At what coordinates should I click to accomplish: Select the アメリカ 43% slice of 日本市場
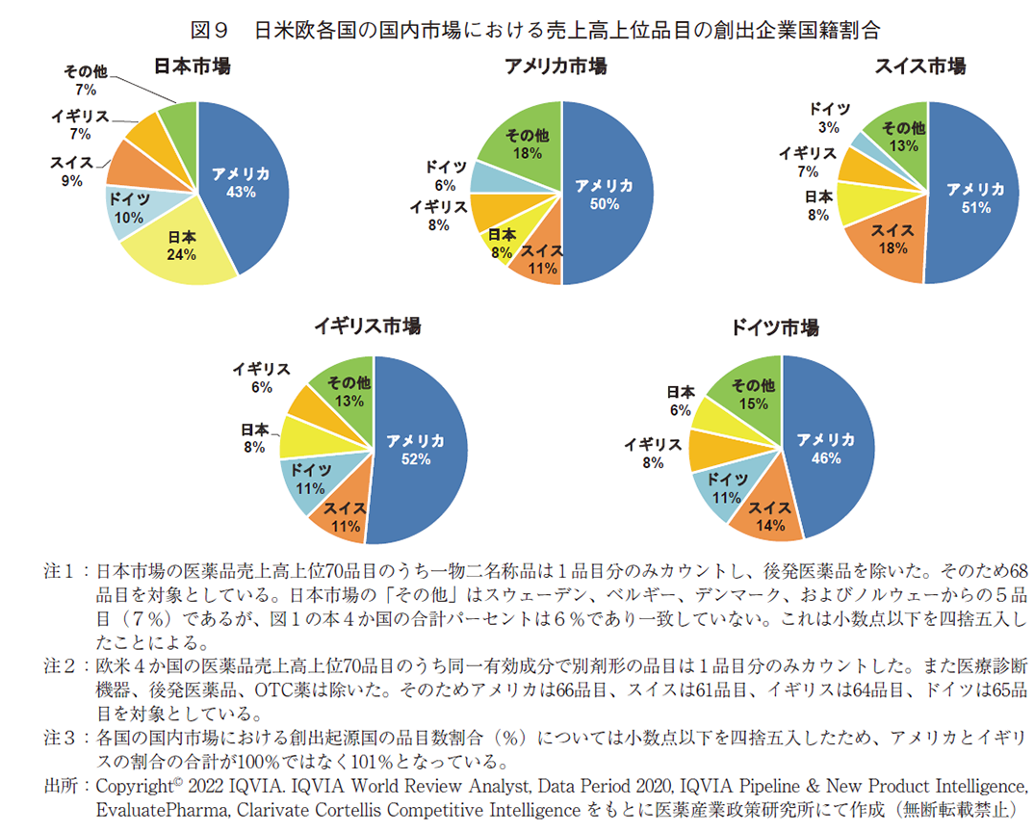[x=241, y=183]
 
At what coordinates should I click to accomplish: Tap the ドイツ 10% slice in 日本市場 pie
[x=129, y=209]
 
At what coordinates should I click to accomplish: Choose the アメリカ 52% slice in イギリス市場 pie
[x=416, y=450]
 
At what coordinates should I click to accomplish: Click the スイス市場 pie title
[x=919, y=66]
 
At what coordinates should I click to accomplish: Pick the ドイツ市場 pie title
[x=775, y=327]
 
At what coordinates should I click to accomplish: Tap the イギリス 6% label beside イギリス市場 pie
[x=261, y=377]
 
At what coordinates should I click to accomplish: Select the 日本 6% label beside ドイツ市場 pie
[x=680, y=401]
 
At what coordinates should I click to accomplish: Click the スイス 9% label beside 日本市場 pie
[x=71, y=171]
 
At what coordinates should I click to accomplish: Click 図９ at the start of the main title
[x=210, y=29]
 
